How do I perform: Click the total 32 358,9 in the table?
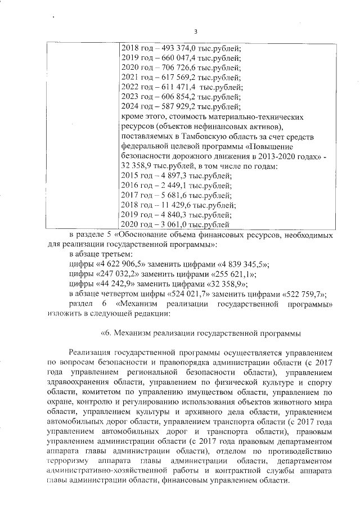(139, 167)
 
